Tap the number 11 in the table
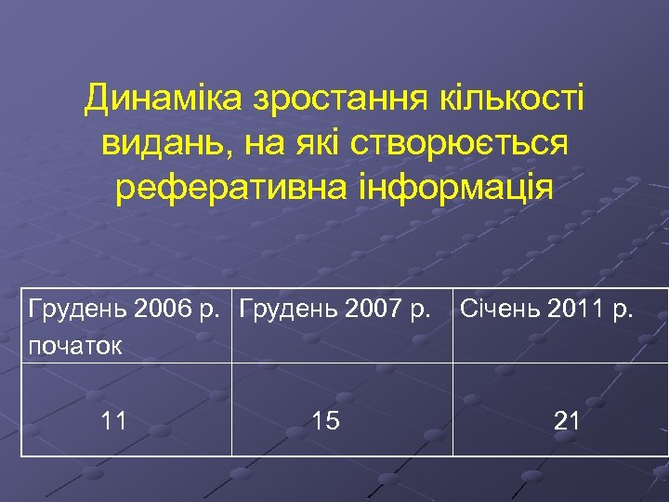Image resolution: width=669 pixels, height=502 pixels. click(114, 421)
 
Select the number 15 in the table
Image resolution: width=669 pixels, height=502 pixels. click(325, 421)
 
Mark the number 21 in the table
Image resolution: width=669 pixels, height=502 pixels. click(567, 421)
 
